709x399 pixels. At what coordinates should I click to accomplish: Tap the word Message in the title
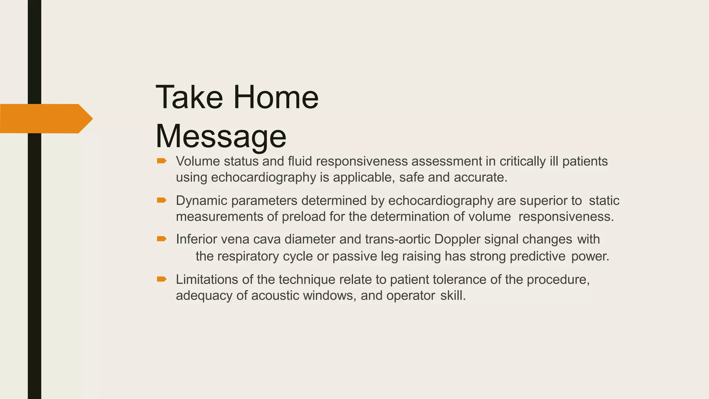click(x=221, y=136)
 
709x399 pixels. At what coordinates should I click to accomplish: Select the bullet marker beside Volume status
click(x=162, y=161)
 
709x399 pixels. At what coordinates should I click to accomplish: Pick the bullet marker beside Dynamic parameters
click(x=162, y=200)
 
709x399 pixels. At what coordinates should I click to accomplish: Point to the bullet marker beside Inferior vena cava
click(x=162, y=239)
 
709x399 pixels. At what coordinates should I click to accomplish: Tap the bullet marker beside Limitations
click(x=162, y=279)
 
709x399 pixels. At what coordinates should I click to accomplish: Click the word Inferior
click(x=196, y=239)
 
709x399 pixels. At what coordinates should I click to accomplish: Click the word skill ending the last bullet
click(x=452, y=296)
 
